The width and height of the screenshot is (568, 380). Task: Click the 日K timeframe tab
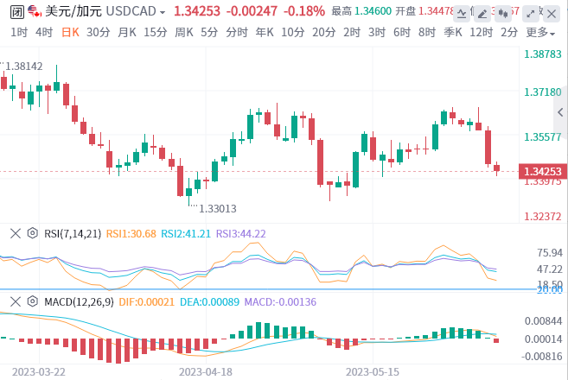click(69, 32)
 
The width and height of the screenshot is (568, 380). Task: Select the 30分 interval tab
click(99, 32)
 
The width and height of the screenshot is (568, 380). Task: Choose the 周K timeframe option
click(183, 32)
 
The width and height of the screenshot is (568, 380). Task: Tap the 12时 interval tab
click(480, 32)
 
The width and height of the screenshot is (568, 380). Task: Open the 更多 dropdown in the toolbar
click(539, 32)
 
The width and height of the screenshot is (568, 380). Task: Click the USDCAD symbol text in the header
click(136, 11)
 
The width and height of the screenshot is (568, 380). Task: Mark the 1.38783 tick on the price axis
click(543, 54)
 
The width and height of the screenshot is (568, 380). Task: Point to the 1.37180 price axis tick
click(543, 92)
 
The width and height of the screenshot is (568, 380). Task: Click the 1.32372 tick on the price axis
click(543, 217)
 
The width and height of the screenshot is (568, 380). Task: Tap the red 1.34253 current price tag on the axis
click(543, 171)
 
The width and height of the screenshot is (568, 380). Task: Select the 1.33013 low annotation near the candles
click(218, 208)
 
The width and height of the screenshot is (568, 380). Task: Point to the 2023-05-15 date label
click(373, 371)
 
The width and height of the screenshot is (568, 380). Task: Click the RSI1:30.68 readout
click(131, 233)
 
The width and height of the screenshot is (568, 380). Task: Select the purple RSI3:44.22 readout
click(240, 233)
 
